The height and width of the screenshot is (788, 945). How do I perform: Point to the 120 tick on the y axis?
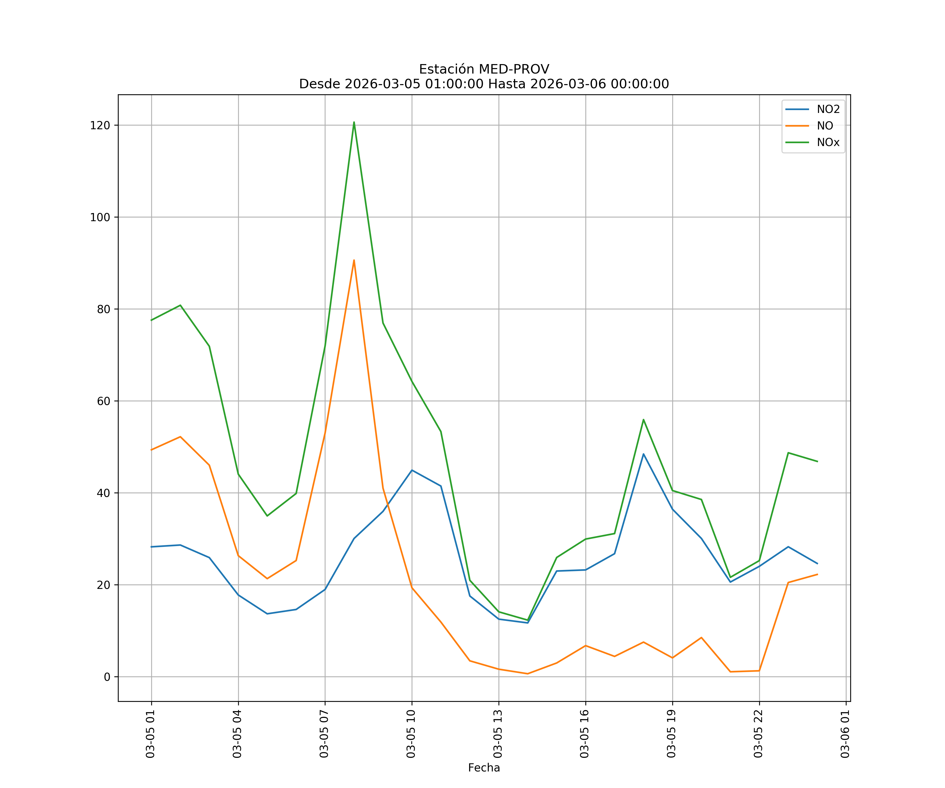[100, 125]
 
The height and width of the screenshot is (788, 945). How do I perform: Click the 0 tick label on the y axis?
[107, 677]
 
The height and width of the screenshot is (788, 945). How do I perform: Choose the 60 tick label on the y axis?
[103, 401]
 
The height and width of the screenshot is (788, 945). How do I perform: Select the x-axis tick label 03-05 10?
[411, 734]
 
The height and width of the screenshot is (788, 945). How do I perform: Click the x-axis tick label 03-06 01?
[845, 734]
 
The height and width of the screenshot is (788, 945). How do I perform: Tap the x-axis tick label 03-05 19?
[671, 734]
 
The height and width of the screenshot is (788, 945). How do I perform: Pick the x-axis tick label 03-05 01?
[150, 734]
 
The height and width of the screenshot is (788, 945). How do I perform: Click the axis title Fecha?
[484, 768]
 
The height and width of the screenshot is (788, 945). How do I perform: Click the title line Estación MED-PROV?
[484, 69]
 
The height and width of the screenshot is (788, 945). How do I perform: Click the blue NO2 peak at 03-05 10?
[412, 470]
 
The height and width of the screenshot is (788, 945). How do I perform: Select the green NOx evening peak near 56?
[643, 419]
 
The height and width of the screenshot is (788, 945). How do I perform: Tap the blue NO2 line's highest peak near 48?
[643, 454]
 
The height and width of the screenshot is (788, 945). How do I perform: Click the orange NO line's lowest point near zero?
[527, 674]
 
